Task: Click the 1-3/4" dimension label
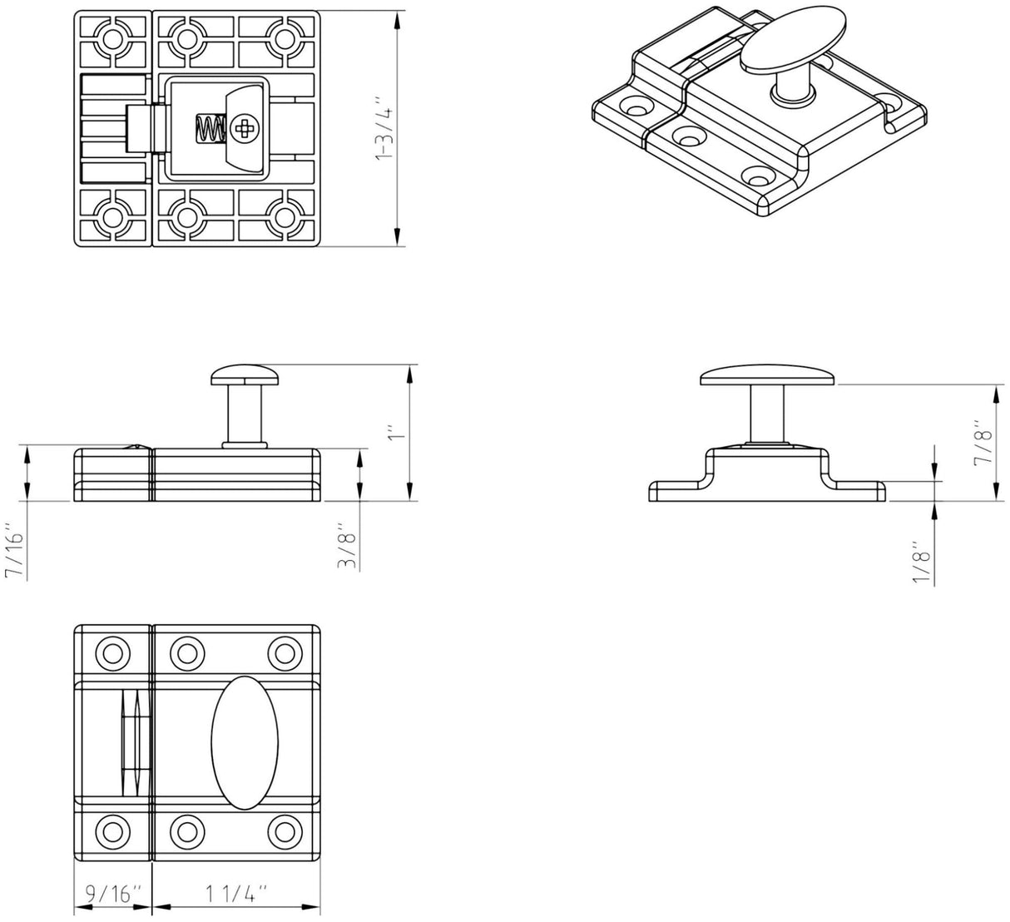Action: pyautogui.click(x=384, y=129)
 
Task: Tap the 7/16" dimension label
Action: pyautogui.click(x=15, y=551)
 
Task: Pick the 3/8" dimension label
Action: pyautogui.click(x=347, y=550)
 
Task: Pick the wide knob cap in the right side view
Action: pyautogui.click(x=765, y=375)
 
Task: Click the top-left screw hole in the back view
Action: pyautogui.click(x=111, y=37)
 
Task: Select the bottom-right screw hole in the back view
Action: pyautogui.click(x=285, y=218)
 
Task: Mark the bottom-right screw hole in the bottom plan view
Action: pyautogui.click(x=285, y=831)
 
